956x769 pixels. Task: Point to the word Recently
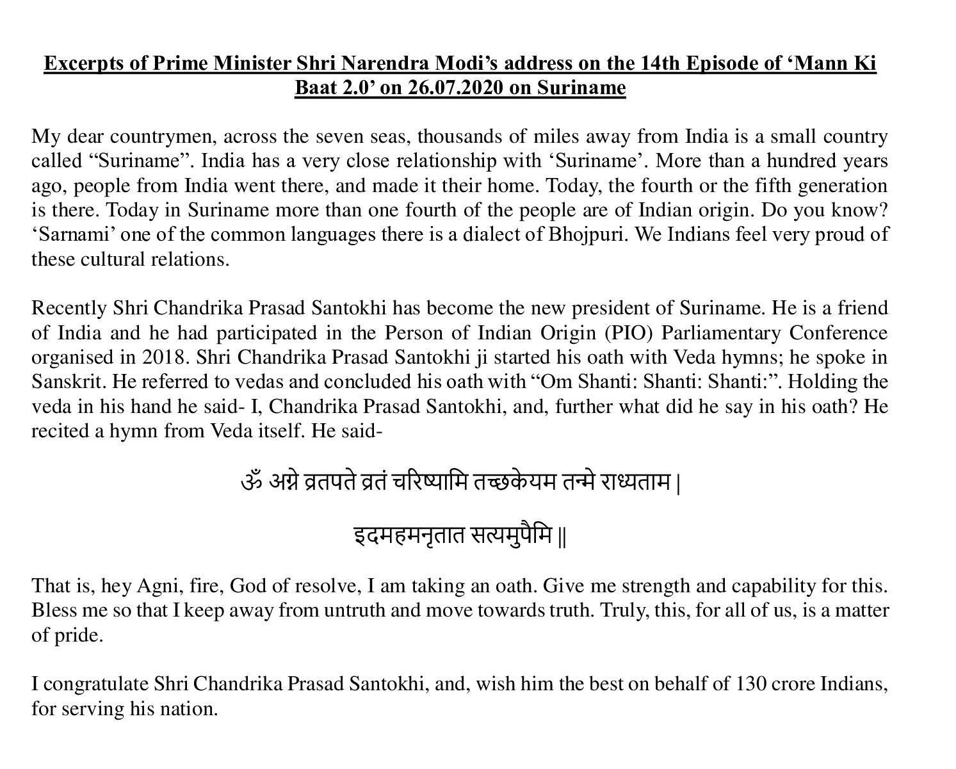point(69,308)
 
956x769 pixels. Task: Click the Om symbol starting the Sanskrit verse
point(252,482)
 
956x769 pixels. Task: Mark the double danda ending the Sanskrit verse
point(562,537)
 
